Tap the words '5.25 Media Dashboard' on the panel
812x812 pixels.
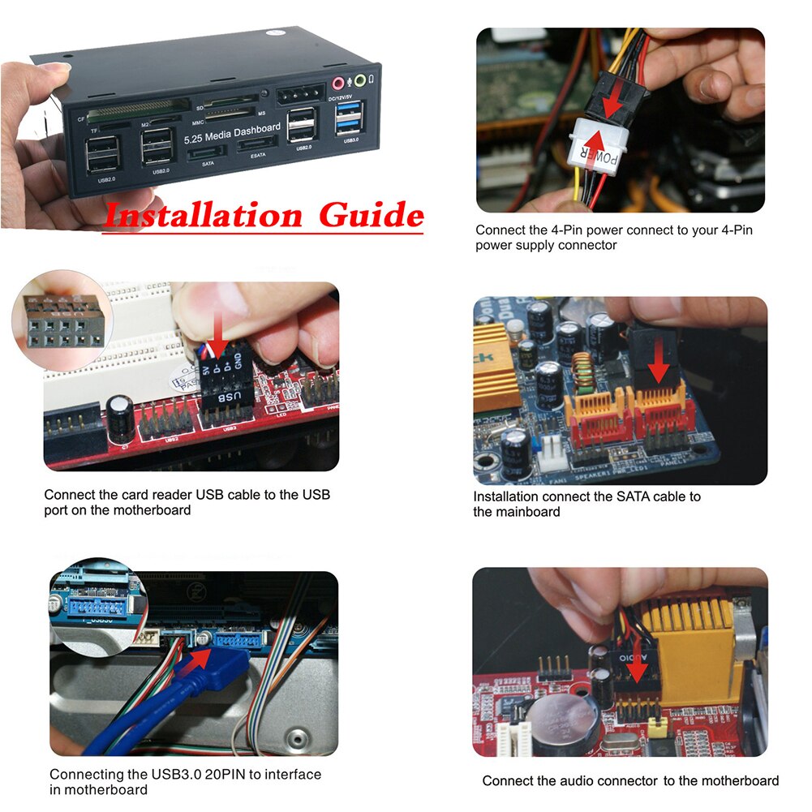pos(232,134)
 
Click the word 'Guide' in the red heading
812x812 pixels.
pos(370,216)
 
